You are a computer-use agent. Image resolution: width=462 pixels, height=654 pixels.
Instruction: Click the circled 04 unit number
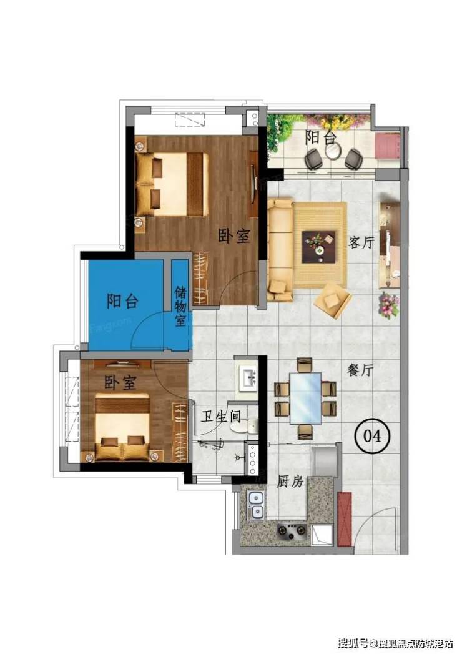(372, 436)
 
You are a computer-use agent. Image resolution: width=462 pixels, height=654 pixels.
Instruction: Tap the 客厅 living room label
(361, 242)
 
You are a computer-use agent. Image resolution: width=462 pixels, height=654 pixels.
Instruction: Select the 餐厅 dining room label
(360, 369)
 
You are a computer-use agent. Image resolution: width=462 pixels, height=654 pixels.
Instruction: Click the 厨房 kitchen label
(290, 482)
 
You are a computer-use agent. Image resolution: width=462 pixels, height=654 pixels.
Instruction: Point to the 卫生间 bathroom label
(221, 416)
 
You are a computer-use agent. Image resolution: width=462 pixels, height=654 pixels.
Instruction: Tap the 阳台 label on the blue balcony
(122, 300)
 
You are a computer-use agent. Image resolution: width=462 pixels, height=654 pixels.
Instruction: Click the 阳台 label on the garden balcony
(320, 137)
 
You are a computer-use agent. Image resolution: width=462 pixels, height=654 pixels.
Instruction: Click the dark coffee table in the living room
(319, 247)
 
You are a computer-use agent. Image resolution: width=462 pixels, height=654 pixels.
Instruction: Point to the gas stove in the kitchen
(292, 530)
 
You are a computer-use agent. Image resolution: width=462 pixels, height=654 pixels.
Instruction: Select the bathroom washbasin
(249, 377)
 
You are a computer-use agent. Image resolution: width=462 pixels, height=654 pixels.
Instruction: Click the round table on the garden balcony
(332, 151)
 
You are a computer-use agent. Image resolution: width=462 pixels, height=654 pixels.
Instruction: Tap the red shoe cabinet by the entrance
(345, 519)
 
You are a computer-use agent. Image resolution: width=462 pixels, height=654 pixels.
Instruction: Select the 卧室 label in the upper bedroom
(234, 237)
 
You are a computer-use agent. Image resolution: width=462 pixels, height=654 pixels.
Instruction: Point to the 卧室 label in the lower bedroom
(120, 382)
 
